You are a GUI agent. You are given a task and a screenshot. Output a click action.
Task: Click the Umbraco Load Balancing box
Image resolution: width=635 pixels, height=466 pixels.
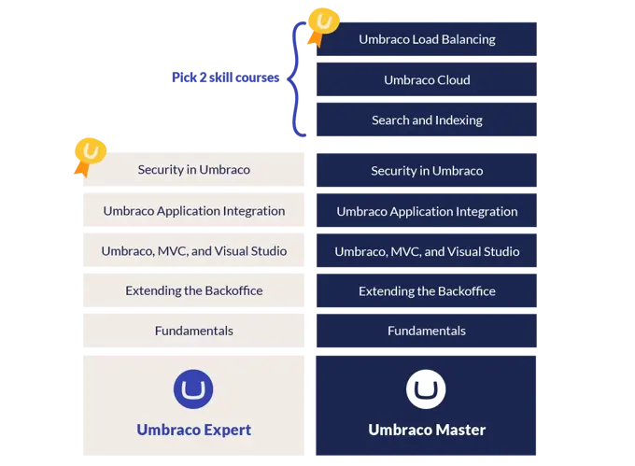point(426,39)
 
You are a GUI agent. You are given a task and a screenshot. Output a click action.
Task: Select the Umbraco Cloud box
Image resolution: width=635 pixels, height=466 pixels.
point(426,79)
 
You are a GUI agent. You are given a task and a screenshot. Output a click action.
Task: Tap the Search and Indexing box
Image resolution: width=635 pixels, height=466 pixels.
point(426,120)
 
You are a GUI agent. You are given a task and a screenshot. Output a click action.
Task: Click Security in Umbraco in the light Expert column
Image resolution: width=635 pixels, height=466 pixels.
point(193,170)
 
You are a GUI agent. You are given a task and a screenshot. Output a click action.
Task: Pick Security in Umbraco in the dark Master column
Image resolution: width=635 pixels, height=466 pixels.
point(426,170)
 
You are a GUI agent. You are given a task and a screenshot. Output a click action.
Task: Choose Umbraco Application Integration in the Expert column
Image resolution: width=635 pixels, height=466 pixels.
point(193,211)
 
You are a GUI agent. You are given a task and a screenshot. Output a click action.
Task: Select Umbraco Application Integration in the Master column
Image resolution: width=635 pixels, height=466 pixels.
point(426,211)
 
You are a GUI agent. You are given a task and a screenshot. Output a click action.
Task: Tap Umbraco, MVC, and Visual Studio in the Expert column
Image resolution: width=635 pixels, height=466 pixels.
point(193,251)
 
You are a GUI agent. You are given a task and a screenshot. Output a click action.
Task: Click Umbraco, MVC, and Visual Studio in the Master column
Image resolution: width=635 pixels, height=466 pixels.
point(426,251)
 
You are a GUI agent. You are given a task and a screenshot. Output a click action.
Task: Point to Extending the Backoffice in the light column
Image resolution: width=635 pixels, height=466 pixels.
point(193,290)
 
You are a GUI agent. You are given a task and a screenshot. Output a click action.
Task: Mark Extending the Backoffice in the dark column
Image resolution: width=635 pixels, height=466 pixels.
point(426,290)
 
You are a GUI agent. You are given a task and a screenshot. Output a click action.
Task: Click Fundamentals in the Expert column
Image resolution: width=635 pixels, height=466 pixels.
point(193,331)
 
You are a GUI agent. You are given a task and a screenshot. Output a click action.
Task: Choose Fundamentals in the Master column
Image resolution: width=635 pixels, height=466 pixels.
point(426,331)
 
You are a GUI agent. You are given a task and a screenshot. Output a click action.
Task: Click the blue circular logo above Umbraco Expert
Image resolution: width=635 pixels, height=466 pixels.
point(193,389)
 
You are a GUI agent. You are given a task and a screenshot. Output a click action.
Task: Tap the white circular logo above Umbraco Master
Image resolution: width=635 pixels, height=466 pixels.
point(426,389)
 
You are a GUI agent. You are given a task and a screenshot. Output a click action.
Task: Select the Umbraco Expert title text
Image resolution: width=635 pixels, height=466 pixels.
point(193,430)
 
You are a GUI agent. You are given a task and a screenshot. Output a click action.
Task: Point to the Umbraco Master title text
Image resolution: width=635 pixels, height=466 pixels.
point(426,430)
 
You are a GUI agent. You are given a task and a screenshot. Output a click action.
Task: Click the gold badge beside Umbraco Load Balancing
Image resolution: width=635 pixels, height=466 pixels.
point(323,25)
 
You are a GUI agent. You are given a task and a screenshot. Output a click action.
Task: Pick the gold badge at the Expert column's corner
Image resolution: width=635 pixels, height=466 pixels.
point(89,155)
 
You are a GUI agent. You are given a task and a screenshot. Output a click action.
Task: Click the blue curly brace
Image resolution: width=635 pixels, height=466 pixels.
point(296,79)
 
